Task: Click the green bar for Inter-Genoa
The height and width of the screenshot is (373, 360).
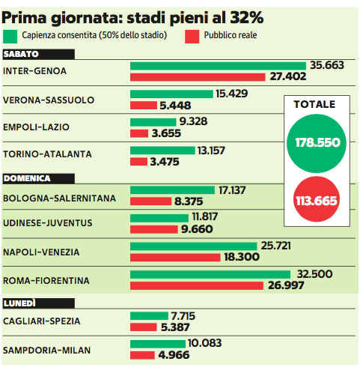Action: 218,66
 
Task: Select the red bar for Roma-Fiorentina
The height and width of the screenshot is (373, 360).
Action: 197,285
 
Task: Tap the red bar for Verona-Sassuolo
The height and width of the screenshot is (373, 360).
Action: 144,105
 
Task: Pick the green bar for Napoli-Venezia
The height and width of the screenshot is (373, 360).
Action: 194,246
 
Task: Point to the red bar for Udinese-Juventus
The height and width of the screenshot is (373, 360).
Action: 154,229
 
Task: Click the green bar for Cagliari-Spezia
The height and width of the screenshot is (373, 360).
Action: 149,316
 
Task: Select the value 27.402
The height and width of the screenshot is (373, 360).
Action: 288,76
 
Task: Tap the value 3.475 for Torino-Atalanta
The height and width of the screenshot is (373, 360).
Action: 165,162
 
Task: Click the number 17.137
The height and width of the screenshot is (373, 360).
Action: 232,190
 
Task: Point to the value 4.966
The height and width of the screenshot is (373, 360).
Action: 174,355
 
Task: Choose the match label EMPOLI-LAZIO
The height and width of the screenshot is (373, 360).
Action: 36,127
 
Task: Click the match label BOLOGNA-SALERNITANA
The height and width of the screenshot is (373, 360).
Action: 59,198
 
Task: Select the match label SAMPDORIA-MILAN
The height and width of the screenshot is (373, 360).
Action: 46,351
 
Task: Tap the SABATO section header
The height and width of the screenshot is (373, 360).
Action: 39,54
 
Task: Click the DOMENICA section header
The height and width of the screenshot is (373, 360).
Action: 39,178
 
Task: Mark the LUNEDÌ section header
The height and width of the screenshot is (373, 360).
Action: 39,303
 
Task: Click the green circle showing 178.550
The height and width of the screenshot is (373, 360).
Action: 317,143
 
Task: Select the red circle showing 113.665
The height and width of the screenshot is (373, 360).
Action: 317,199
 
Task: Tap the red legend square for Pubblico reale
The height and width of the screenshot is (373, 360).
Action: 192,37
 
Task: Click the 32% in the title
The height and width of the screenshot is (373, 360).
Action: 246,17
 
